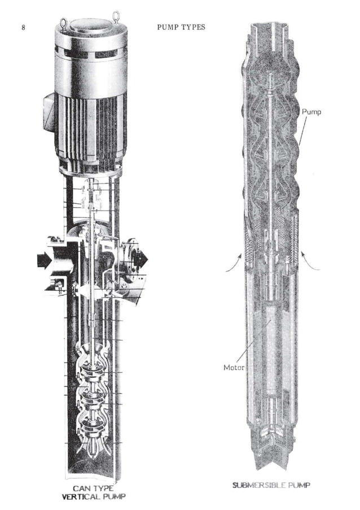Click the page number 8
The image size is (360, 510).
click(x=23, y=27)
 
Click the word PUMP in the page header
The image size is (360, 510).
click(x=168, y=27)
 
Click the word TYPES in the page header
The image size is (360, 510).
click(x=192, y=27)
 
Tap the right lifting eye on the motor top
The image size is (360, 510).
click(x=116, y=15)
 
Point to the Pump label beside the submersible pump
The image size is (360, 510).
click(x=311, y=112)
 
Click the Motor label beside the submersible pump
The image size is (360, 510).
click(x=234, y=368)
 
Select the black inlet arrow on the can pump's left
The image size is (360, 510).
click(x=45, y=260)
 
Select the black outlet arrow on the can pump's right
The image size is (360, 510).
click(x=139, y=259)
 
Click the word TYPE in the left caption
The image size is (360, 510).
click(x=107, y=488)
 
